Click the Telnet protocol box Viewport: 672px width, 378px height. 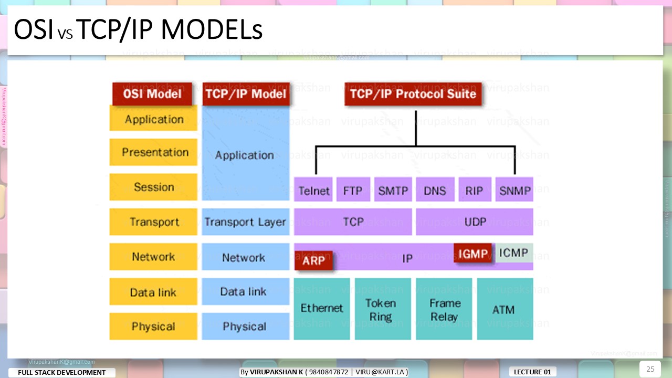(314, 190)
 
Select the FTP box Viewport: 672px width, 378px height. (353, 190)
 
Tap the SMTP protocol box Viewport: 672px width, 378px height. (393, 190)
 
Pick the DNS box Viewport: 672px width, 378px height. (435, 190)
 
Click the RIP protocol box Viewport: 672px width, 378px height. (475, 190)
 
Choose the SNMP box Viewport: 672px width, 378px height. (514, 190)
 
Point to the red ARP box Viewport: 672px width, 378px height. (314, 260)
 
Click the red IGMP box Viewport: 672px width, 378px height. (473, 253)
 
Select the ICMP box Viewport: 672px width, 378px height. (514, 253)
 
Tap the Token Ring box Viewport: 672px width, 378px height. (382, 310)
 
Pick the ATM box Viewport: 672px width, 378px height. (505, 310)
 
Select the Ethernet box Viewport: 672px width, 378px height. (321, 309)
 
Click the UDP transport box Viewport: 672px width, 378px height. (474, 222)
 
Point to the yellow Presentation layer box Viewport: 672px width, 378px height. (154, 152)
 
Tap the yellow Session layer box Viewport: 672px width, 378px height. (154, 187)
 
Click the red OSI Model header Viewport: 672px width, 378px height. (152, 94)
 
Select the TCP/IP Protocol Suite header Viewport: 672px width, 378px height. (413, 94)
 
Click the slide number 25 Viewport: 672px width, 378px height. (650, 369)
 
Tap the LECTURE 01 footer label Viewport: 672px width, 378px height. (532, 372)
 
